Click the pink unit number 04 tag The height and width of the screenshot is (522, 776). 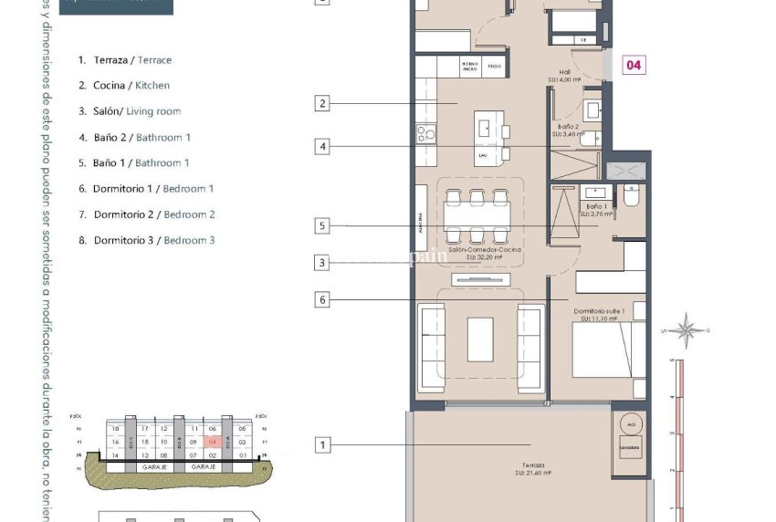(x=634, y=66)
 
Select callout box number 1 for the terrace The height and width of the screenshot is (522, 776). (x=321, y=445)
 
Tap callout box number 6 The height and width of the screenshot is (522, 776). (x=321, y=298)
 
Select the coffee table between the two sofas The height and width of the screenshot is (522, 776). (x=482, y=338)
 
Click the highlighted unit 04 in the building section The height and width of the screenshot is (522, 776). (x=213, y=442)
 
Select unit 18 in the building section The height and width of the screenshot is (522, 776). (x=115, y=429)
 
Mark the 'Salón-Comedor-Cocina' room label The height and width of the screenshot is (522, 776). (x=485, y=251)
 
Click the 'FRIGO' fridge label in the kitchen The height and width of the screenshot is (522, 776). (x=493, y=67)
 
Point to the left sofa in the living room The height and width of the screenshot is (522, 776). (x=433, y=339)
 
